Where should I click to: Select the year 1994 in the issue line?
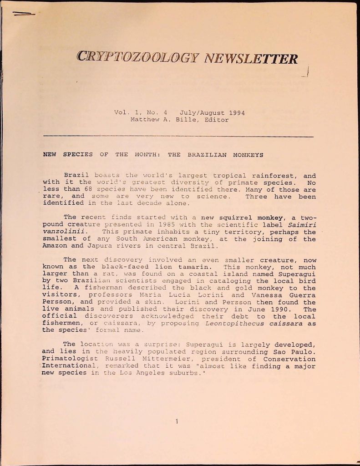click(237, 113)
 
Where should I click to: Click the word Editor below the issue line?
click(217, 120)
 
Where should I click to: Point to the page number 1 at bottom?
click(177, 422)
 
